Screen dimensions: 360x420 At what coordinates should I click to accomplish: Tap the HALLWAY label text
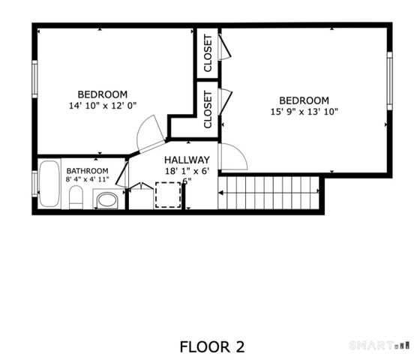click(187, 160)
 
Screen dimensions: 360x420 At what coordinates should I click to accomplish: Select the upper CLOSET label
click(208, 52)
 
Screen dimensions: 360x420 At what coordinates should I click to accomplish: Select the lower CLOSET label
click(208, 109)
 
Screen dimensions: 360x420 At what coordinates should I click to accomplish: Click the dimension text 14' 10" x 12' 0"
click(103, 106)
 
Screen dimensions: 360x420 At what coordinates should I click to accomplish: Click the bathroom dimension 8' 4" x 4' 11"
click(87, 180)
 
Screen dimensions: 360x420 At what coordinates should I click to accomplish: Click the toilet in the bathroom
click(75, 199)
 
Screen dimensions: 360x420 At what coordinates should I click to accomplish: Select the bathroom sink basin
click(107, 200)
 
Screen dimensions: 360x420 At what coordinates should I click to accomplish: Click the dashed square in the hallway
click(168, 195)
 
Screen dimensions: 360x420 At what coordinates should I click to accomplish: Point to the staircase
click(270, 192)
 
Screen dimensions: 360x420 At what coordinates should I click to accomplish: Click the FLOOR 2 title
click(212, 346)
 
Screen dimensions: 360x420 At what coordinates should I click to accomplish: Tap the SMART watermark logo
click(380, 345)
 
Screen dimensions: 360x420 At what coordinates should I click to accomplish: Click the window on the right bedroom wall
click(389, 78)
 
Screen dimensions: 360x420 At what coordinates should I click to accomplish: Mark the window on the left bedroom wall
click(34, 78)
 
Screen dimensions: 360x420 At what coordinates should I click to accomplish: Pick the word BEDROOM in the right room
click(304, 100)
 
